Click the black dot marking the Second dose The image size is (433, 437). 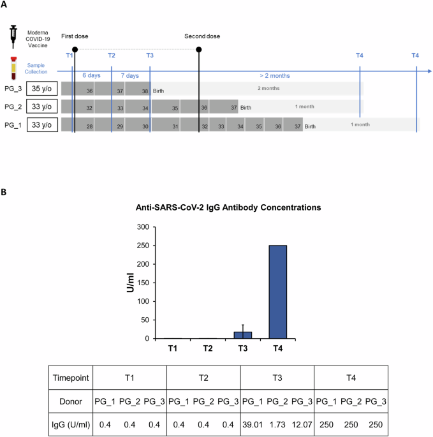click(200, 49)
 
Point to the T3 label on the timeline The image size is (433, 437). click(150, 56)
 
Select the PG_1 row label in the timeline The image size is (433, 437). click(13, 125)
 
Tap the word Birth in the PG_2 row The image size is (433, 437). click(246, 108)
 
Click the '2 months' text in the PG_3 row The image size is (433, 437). click(268, 88)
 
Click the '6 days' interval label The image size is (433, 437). click(92, 75)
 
